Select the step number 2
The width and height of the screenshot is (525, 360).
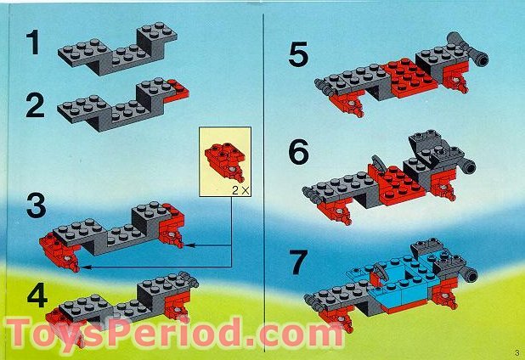pos(34,105)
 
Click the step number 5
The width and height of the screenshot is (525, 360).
pos(297,55)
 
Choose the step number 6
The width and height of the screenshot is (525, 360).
pos(298,153)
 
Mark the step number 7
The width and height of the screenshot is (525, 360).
pos(298,262)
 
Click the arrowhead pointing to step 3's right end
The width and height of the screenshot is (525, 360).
pos(187,245)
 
